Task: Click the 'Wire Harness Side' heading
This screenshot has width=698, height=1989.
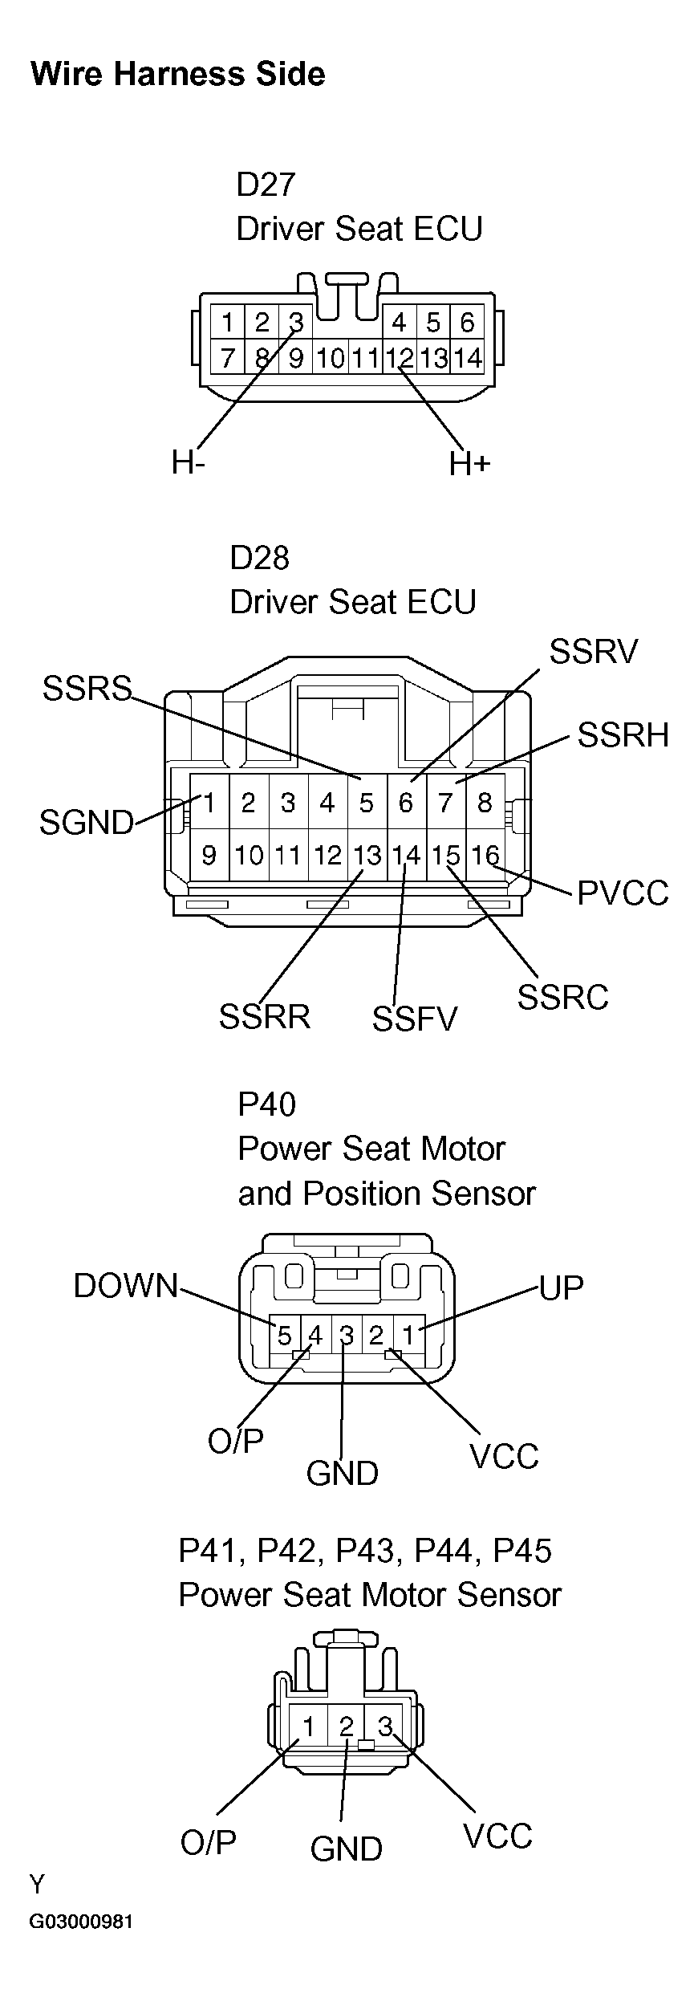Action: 177,75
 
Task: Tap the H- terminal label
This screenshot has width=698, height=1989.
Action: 188,462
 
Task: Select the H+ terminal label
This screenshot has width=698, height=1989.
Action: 469,463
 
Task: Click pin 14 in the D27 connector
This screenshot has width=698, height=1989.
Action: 467,358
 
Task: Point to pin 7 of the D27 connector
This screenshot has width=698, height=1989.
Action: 228,358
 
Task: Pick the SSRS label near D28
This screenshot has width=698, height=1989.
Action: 87,688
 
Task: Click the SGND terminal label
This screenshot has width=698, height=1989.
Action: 86,823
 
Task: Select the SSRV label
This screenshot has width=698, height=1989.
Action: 593,652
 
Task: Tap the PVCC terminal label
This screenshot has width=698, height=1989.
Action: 623,893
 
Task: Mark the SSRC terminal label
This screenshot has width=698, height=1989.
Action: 562,998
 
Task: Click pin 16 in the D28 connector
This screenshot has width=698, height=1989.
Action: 485,856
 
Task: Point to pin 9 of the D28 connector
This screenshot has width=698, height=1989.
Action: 209,856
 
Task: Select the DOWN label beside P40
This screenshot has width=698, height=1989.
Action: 126,1286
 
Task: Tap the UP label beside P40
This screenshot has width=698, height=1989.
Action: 562,1287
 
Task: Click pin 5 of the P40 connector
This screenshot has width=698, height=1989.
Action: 284,1336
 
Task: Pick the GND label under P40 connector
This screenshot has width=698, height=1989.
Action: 343,1473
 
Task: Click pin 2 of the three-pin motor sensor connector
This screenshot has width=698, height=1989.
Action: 347,1726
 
